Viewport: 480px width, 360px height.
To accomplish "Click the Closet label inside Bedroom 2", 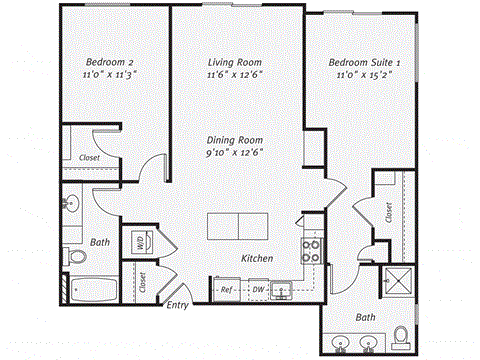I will click(89, 157).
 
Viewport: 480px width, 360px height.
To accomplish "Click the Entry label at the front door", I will click(177, 305).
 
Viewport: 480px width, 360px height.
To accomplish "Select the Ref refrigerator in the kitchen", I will click(226, 290).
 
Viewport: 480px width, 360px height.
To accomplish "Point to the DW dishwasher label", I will click(257, 290).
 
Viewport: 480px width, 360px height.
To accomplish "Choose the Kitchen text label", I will click(257, 259).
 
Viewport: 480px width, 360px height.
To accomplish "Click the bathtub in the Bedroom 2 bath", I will click(94, 291).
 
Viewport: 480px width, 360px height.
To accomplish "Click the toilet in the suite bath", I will click(401, 334).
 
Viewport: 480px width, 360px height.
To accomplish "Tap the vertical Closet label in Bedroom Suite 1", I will click(388, 211).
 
